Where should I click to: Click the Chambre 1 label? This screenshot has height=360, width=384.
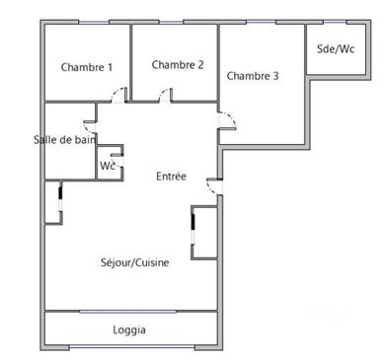click(87, 67)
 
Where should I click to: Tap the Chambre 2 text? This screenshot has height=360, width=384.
click(178, 64)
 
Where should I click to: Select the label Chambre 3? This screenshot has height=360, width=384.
click(253, 75)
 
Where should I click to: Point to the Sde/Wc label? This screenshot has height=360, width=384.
click(336, 48)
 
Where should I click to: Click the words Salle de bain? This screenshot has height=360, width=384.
click(64, 139)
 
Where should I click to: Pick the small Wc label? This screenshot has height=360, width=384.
click(107, 166)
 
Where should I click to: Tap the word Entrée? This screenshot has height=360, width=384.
click(172, 176)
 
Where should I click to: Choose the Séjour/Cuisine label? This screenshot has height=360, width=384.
click(134, 262)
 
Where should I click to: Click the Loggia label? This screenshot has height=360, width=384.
click(129, 329)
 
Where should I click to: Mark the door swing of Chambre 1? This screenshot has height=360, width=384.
click(118, 95)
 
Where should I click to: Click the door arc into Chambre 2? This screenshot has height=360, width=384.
click(165, 95)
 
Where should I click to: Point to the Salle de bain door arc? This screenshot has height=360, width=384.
click(90, 128)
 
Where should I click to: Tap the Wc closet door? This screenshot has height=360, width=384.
click(116, 156)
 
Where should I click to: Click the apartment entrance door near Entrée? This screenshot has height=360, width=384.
click(213, 184)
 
